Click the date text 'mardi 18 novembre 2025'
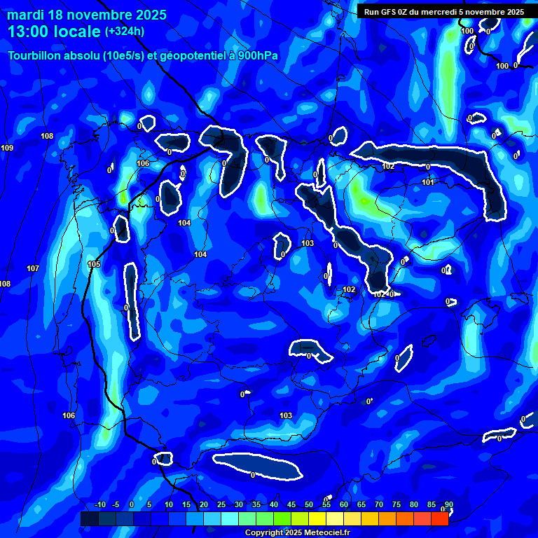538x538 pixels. (87, 15)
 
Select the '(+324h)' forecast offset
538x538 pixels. (124, 32)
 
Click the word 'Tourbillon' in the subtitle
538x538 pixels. (35, 56)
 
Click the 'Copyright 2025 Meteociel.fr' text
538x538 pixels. (298, 533)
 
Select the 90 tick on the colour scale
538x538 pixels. (448, 504)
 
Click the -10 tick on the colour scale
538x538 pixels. (99, 504)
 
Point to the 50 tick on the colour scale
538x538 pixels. (309, 504)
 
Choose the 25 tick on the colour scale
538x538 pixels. (221, 504)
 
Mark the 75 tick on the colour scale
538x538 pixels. (396, 504)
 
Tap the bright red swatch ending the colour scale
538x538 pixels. (439, 518)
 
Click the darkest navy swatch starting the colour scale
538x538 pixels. (89, 518)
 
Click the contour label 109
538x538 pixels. (7, 148)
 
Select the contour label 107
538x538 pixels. (33, 268)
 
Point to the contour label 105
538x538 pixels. (94, 264)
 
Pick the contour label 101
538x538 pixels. (428, 182)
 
